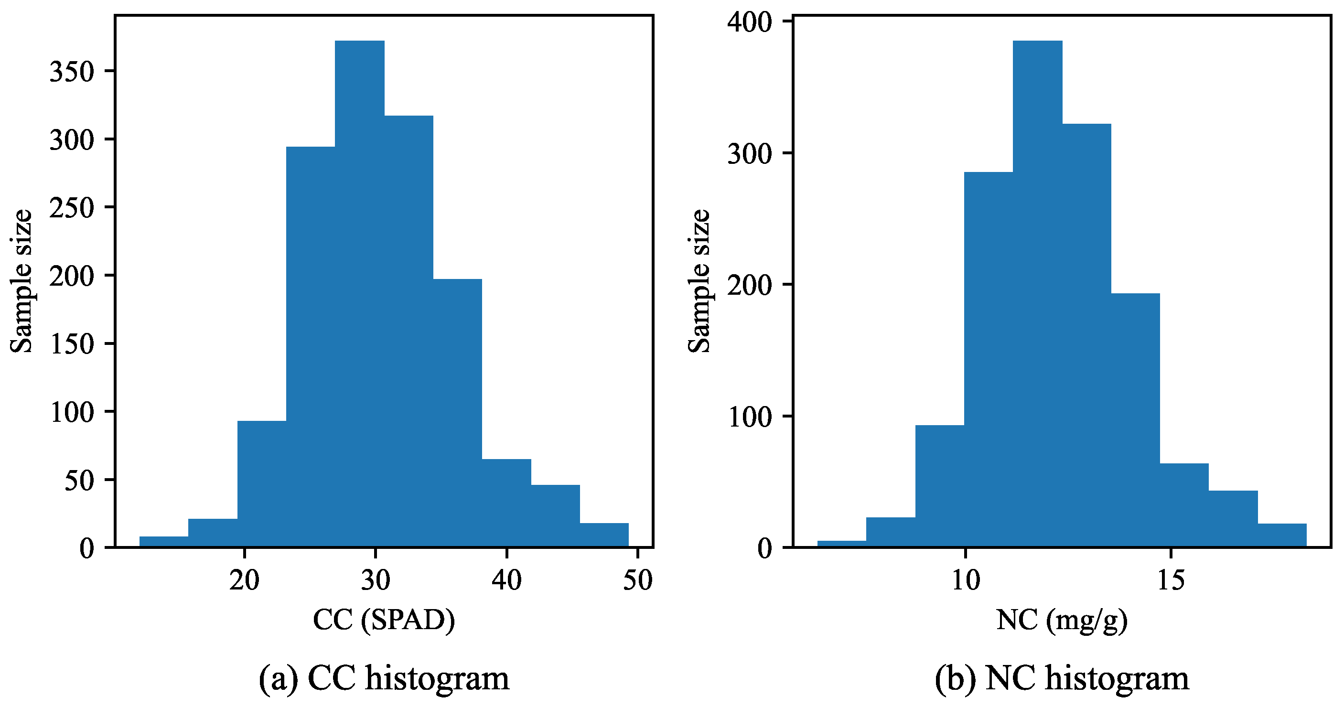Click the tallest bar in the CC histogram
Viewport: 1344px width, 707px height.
[359, 292]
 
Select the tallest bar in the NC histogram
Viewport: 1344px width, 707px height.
[1037, 292]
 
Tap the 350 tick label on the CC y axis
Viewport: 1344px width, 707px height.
[72, 72]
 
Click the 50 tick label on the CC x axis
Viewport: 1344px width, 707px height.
[637, 580]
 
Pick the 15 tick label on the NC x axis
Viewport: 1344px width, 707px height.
[1171, 580]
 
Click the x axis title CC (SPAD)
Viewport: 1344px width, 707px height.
[384, 620]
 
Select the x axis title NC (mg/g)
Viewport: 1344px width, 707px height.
[1062, 620]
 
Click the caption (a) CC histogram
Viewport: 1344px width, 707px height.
[384, 678]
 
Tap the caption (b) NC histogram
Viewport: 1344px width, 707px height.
[1062, 678]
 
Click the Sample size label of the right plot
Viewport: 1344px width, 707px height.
[699, 282]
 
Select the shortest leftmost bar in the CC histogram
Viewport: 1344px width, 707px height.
[164, 542]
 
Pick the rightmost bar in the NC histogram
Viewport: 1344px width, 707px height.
[1282, 536]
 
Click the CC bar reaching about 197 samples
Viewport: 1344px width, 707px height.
[458, 412]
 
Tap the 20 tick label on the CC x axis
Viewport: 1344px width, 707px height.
[244, 580]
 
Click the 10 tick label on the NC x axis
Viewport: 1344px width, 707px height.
[965, 580]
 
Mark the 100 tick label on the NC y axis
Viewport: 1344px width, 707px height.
[749, 418]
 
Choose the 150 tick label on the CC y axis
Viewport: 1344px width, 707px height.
[72, 344]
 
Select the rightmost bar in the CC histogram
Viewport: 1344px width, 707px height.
[604, 536]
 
